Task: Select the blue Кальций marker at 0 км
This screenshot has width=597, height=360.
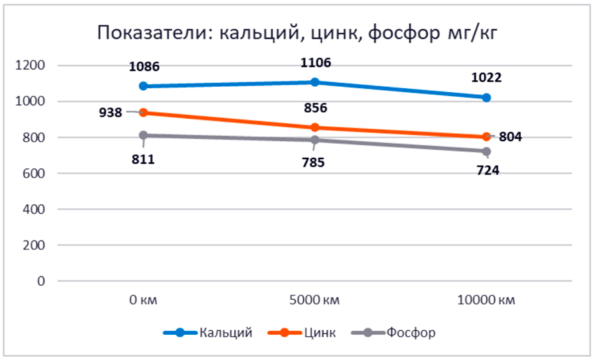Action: [143, 86]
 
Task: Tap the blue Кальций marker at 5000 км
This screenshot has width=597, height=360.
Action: [314, 82]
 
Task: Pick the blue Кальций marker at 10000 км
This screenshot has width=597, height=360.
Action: [486, 97]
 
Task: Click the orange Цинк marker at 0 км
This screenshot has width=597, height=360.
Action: [143, 113]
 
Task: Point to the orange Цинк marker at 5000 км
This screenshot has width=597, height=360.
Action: [314, 127]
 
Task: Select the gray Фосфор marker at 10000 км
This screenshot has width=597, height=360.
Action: [486, 151]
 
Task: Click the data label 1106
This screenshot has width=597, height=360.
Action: [316, 63]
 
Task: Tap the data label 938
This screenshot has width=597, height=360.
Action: [109, 113]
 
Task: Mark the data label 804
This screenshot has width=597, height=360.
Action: [511, 138]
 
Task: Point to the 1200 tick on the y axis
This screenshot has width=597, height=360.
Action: [32, 66]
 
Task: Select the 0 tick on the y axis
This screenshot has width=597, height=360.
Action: [42, 281]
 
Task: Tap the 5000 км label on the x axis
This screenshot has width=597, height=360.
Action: [314, 300]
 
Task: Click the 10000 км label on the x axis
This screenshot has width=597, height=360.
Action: [486, 300]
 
